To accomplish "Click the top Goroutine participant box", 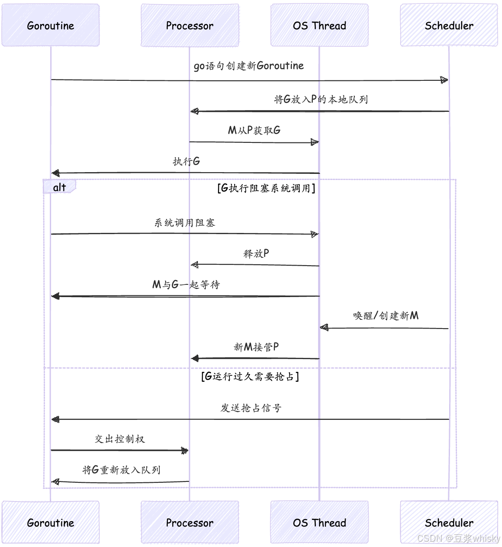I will pyautogui.click(x=51, y=25).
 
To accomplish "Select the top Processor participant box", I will pyautogui.click(x=190, y=25).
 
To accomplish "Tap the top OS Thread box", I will pyautogui.click(x=319, y=25).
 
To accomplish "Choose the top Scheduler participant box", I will pyautogui.click(x=449, y=25).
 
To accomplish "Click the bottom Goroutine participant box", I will pyautogui.click(x=51, y=523).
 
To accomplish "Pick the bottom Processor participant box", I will pyautogui.click(x=190, y=523).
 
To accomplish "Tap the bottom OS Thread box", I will pyautogui.click(x=319, y=523).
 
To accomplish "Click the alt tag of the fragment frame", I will pyautogui.click(x=59, y=187).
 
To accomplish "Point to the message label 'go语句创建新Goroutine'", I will pyautogui.click(x=249, y=66).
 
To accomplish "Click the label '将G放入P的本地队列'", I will pyautogui.click(x=321, y=99).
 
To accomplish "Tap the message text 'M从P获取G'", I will pyautogui.click(x=254, y=130).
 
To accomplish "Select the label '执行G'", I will pyautogui.click(x=187, y=161).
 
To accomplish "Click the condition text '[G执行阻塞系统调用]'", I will pyautogui.click(x=266, y=188).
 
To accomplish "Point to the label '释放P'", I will pyautogui.click(x=256, y=253).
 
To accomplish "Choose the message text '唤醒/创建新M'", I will pyautogui.click(x=386, y=315).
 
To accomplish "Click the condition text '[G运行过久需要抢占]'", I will pyautogui.click(x=250, y=377).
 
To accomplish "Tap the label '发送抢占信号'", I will pyautogui.click(x=251, y=408).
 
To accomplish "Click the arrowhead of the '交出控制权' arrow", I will pyautogui.click(x=185, y=450).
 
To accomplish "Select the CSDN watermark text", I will pyautogui.click(x=459, y=538).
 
